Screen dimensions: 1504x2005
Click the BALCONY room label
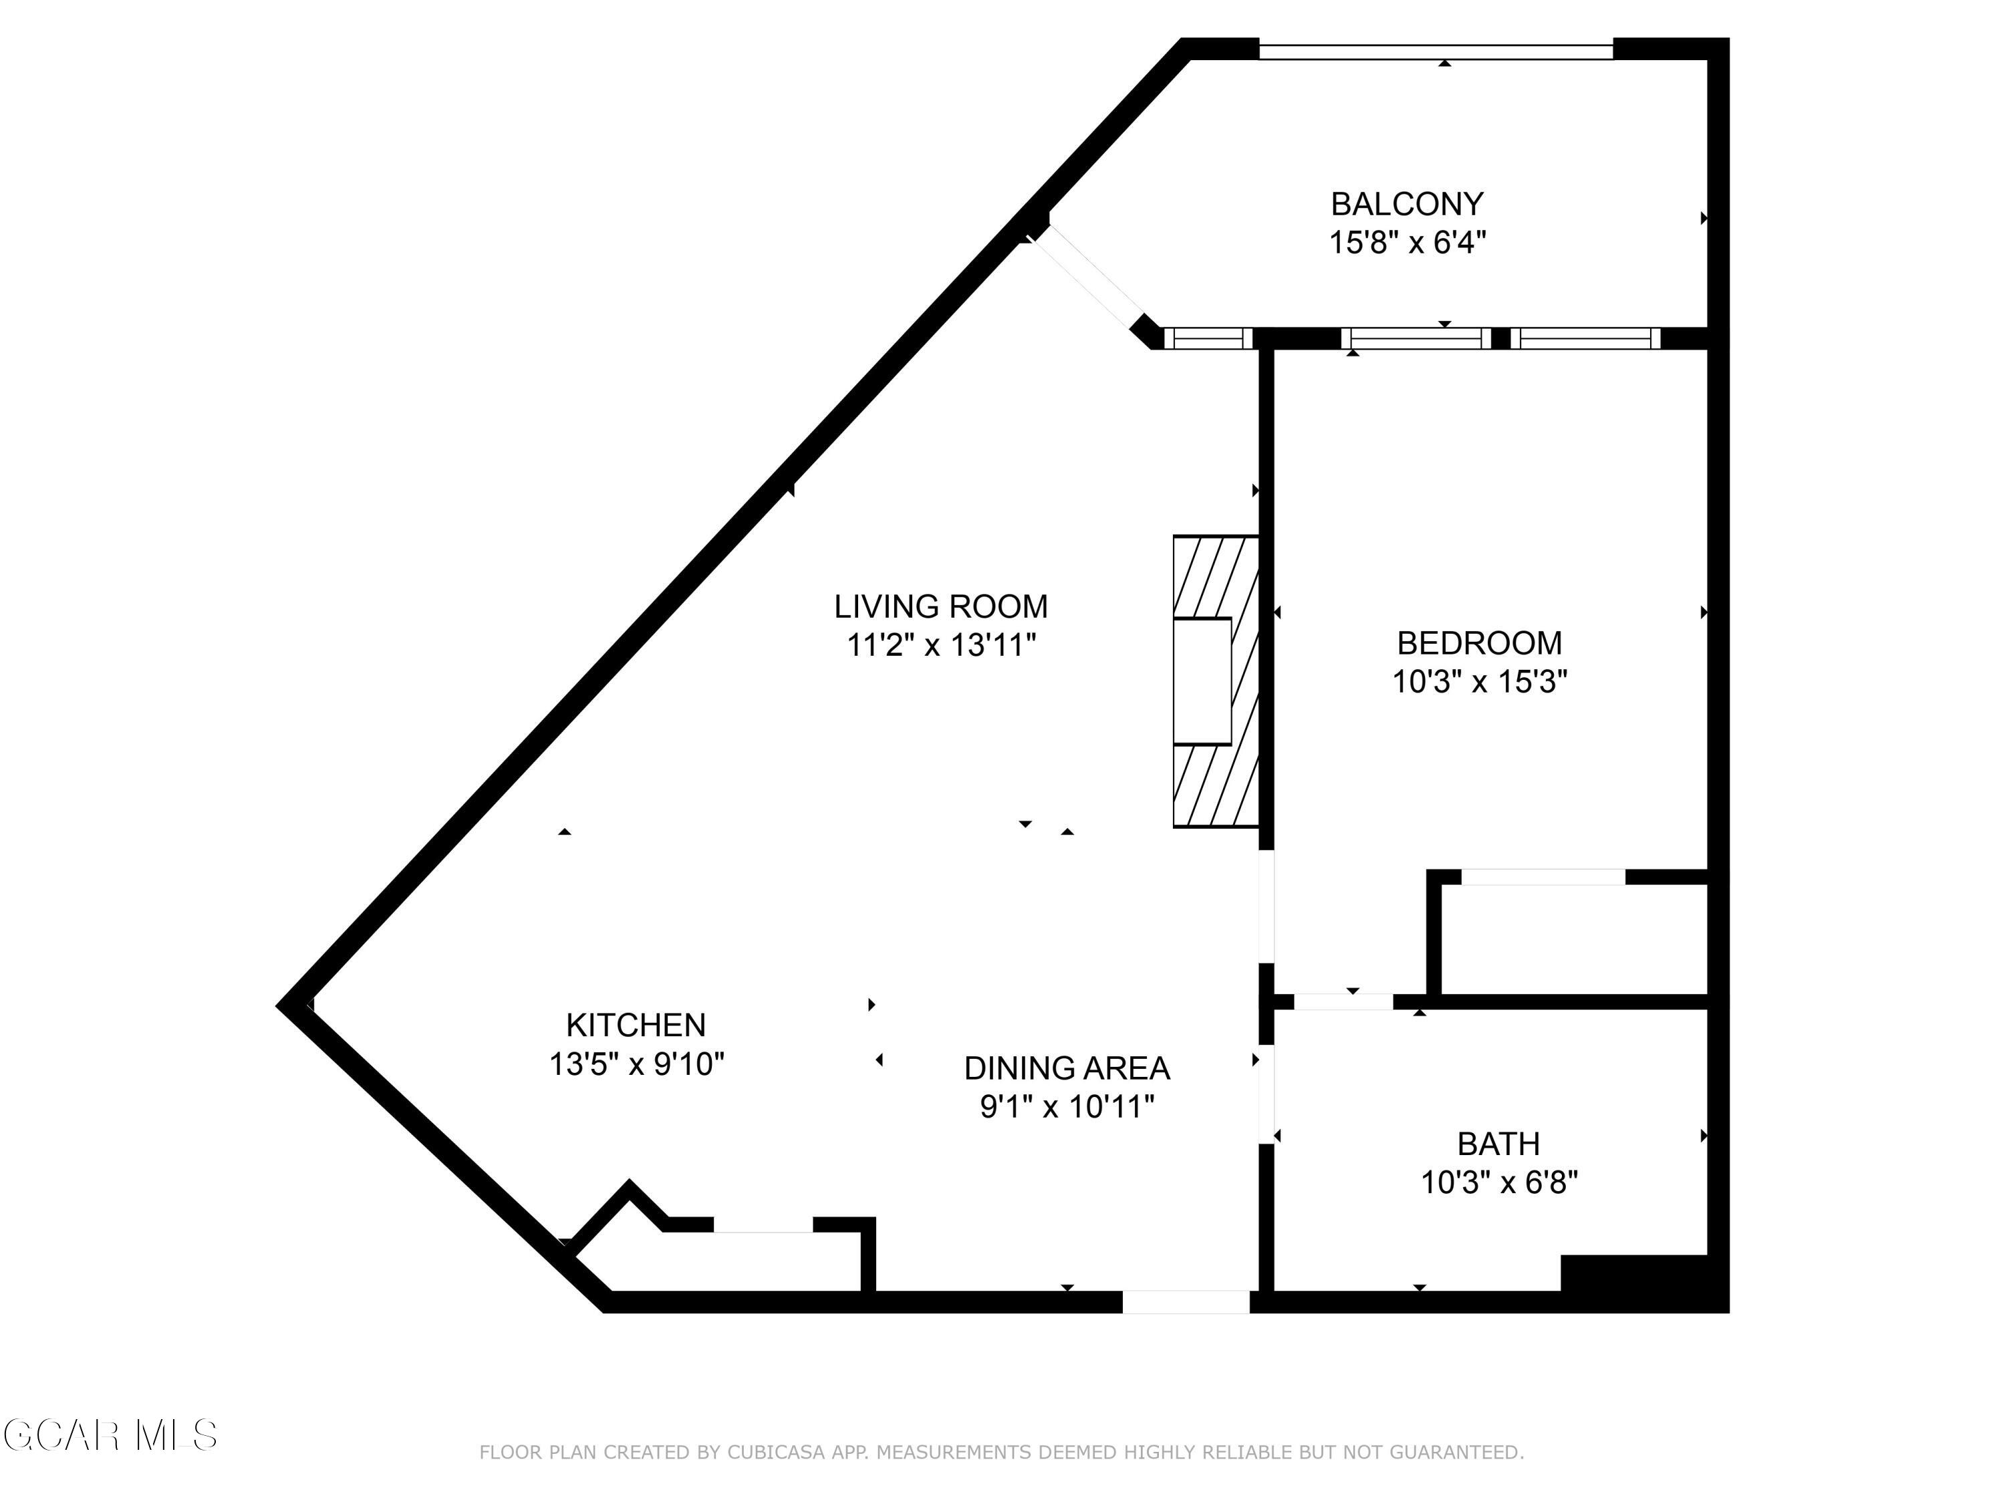[x=1407, y=204]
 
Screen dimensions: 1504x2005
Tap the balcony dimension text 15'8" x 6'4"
[x=1407, y=243]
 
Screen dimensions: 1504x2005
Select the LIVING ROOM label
[x=941, y=606]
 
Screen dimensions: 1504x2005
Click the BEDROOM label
[x=1479, y=643]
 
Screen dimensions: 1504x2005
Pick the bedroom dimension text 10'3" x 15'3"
[x=1479, y=682]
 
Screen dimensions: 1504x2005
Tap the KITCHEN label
[x=636, y=1025]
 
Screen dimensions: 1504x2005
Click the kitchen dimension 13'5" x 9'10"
[x=636, y=1064]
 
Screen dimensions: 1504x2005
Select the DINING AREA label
[x=1067, y=1069]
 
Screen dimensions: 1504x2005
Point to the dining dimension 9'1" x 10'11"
[x=1067, y=1107]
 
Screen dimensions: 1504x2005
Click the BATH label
[x=1498, y=1144]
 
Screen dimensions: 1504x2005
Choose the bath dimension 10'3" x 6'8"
[x=1498, y=1183]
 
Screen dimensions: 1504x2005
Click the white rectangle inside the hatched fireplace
[x=1202, y=681]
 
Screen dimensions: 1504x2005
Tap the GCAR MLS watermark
[x=109, y=1435]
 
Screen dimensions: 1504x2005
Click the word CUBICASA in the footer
[x=775, y=1453]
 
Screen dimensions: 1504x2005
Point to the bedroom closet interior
[x=1573, y=939]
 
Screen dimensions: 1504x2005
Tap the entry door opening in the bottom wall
[x=1186, y=1302]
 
